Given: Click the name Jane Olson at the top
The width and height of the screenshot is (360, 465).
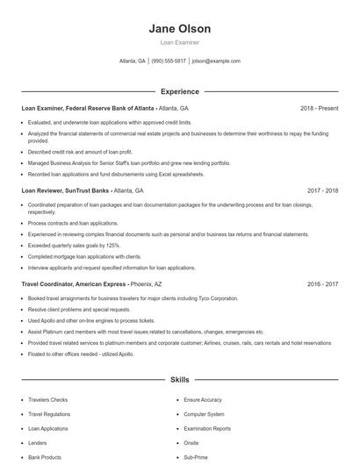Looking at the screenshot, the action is tap(180, 28).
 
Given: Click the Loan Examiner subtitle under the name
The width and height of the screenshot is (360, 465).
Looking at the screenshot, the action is tap(180, 41).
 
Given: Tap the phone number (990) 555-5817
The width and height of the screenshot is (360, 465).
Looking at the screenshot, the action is tap(169, 61).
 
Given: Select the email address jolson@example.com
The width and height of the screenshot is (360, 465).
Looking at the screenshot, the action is tap(216, 61).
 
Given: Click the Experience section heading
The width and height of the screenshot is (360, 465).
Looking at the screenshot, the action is tap(180, 91).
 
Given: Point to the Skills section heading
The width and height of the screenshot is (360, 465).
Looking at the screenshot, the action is tap(180, 381).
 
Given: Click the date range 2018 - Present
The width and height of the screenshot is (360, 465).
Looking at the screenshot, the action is tap(319, 108).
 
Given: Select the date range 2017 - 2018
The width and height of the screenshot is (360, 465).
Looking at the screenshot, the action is tap(322, 190).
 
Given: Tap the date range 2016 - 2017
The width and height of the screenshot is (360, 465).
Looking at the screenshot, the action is tap(322, 284).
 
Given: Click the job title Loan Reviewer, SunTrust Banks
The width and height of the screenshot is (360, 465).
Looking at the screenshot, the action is tap(66, 190).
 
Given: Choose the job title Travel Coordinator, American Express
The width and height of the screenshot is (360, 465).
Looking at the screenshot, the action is tap(75, 284).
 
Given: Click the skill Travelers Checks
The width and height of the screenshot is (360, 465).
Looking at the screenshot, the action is tap(47, 400).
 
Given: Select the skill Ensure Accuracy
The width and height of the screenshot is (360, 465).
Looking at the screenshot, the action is tap(203, 400).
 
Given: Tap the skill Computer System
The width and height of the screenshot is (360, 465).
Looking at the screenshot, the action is tap(204, 414).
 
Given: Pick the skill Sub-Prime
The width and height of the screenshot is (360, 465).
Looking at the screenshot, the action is tap(196, 457).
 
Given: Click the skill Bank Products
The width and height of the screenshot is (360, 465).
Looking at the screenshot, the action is tap(45, 457).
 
